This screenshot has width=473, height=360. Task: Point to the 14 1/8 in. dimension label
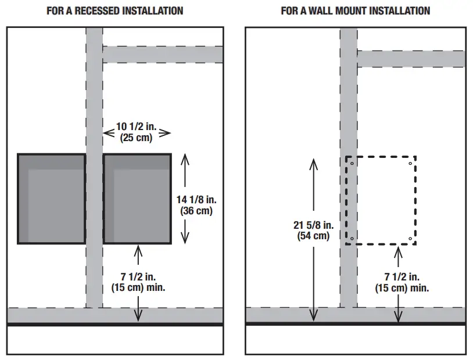196,200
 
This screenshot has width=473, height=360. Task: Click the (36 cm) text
196,211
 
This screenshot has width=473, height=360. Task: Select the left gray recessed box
51,199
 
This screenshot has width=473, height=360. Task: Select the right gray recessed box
137,199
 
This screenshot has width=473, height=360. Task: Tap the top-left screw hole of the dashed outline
352,163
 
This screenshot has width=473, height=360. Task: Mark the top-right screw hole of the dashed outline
410,163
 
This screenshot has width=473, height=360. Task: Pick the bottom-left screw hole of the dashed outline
352,238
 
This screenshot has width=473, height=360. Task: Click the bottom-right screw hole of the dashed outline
410,238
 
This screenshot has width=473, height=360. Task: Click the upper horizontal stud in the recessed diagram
163,55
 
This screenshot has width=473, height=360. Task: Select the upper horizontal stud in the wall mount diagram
411,59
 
